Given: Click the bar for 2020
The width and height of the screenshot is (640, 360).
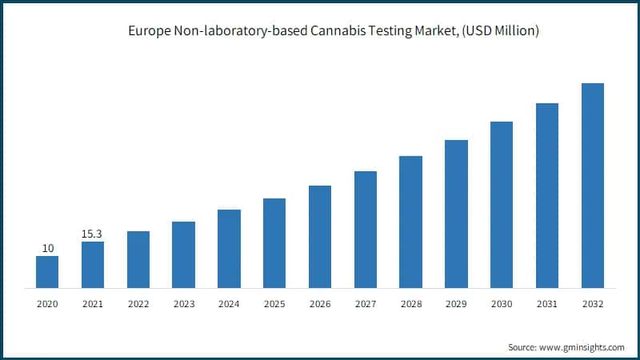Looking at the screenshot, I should (x=47, y=272).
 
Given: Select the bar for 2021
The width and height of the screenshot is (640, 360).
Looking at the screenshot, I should (x=93, y=264).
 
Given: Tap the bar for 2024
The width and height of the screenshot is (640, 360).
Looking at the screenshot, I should (x=229, y=248).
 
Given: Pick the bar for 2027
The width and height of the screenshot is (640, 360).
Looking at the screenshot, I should (x=366, y=229).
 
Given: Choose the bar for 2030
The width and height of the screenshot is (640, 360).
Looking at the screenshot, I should (x=502, y=204).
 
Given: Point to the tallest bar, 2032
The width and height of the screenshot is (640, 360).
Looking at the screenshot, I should (x=592, y=185).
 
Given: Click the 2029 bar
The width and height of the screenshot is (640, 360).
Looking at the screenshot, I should (x=456, y=214).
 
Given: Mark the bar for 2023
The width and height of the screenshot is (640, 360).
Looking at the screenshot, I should (x=183, y=254).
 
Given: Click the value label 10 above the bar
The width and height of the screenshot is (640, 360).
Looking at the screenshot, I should (x=48, y=248).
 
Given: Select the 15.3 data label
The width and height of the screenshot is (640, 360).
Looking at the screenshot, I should (x=93, y=234).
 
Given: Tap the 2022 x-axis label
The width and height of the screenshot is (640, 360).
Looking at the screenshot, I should (x=138, y=304).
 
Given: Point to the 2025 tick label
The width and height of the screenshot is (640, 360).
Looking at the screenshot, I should (x=274, y=304).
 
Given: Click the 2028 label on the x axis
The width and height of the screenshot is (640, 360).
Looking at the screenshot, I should (x=410, y=304).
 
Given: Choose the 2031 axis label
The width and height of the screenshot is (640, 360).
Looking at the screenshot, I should (x=547, y=304).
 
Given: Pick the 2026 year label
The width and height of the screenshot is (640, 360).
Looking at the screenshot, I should (x=320, y=304).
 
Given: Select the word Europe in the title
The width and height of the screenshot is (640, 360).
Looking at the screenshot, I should (x=148, y=32).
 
